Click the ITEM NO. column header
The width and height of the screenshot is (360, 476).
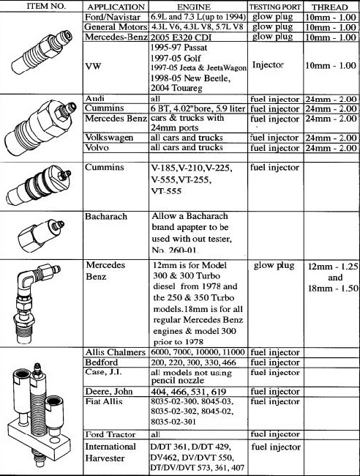46,6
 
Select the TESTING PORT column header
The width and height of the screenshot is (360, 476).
275,7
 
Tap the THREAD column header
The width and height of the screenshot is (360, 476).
330,7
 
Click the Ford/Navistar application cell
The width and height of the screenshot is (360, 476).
113,17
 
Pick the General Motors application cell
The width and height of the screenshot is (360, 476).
116,27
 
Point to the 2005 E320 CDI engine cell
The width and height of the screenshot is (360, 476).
181,37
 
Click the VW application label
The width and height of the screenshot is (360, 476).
93,66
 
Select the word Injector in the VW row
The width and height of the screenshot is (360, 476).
268,65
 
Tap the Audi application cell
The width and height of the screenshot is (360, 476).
94,98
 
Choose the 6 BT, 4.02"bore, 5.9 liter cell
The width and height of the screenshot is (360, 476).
198,108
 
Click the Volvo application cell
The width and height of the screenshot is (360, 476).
97,147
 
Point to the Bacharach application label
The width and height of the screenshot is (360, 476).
106,217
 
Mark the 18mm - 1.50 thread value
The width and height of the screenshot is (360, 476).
333,288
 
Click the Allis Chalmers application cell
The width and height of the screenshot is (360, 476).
116,352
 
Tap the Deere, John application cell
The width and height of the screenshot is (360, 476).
109,391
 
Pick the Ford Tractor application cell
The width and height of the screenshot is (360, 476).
110,434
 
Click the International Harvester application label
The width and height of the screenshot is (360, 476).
110,452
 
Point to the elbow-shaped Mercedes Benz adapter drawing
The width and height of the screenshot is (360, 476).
34,304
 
